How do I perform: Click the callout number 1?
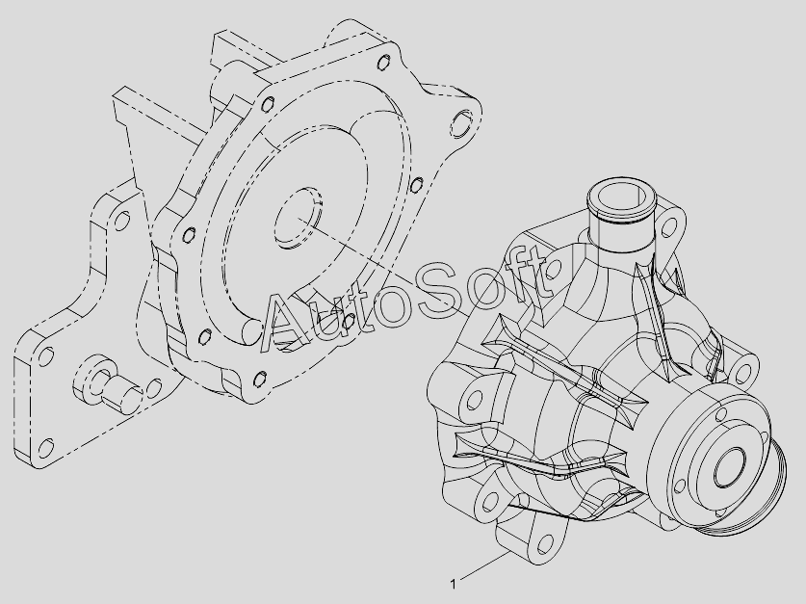(453, 584)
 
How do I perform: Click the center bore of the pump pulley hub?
(729, 465)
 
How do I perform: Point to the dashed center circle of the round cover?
(298, 218)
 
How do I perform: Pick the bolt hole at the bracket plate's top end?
(122, 221)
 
